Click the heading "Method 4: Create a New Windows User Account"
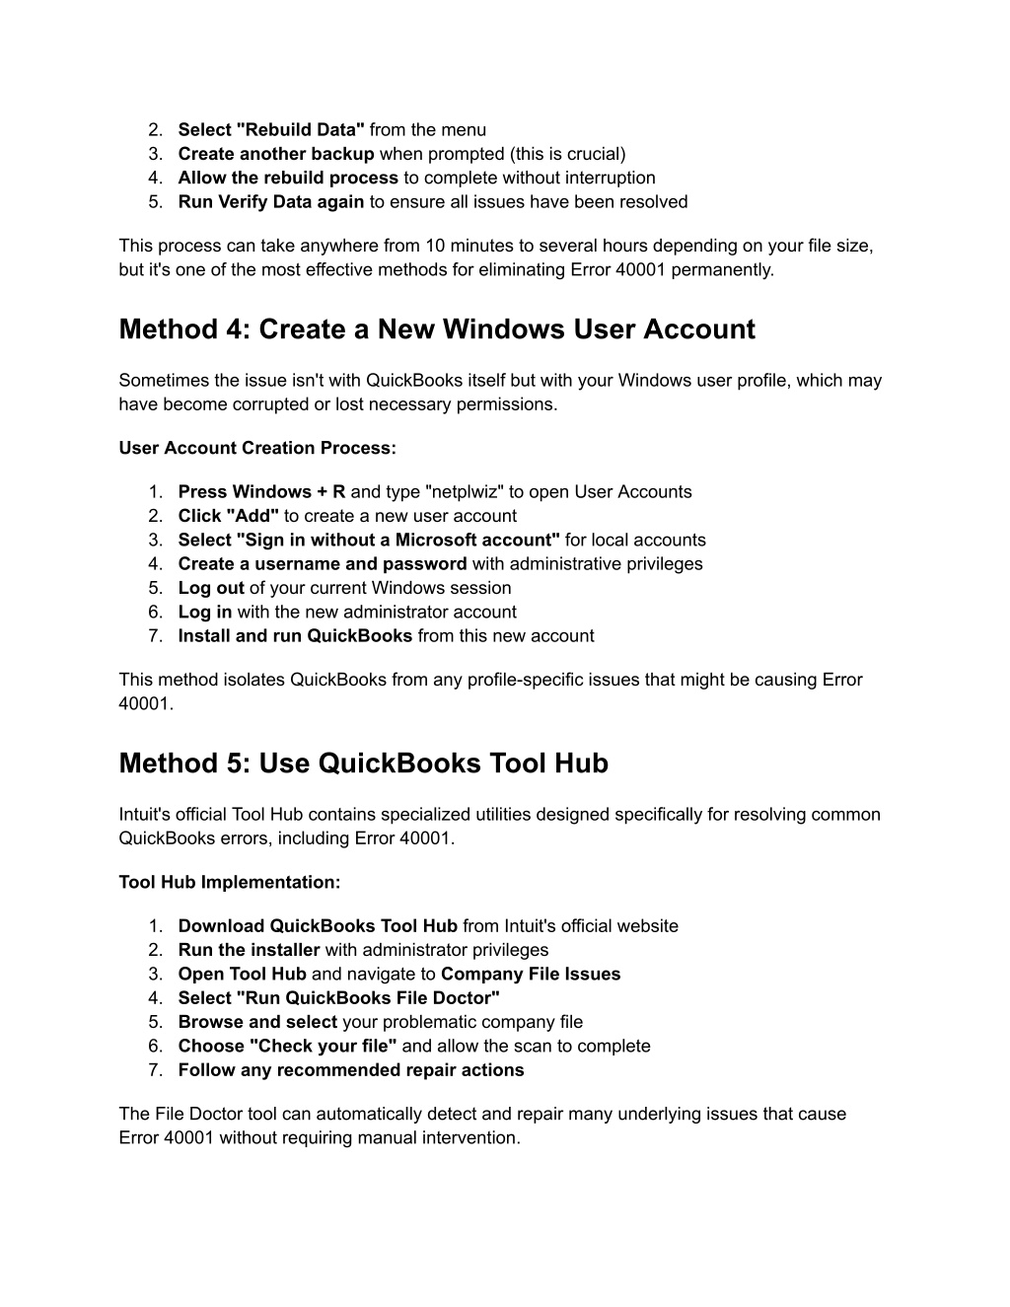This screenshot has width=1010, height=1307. point(436,329)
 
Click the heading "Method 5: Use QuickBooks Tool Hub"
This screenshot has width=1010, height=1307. point(363,763)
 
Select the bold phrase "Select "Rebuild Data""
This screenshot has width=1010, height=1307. point(271,130)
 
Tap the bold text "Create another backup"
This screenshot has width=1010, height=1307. point(275,154)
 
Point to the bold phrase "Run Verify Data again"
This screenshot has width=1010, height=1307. point(270,202)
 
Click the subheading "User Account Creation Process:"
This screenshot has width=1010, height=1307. point(257,449)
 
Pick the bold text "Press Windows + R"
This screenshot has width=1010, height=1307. point(261,492)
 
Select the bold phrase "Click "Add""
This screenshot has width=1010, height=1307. point(228,516)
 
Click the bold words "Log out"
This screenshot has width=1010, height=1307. point(211,588)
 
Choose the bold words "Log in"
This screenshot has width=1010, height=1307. point(205,613)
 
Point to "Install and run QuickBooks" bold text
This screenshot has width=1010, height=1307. point(295,636)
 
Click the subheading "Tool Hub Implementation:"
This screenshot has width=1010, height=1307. point(229,883)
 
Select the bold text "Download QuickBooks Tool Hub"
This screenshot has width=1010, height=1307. point(318,926)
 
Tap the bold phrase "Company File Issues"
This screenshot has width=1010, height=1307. point(531,975)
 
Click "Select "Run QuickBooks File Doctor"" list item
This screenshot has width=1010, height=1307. point(338,998)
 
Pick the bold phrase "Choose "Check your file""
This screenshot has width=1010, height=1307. point(287,1047)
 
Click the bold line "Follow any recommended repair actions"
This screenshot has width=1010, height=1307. point(350,1070)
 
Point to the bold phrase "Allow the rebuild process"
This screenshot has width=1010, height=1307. point(288,179)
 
